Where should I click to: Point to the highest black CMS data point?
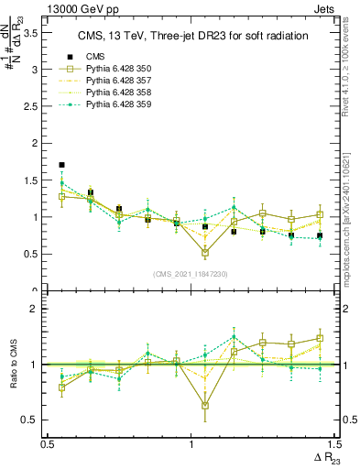61,165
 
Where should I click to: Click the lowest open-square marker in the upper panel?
205,253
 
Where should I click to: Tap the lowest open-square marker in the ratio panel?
205,404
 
